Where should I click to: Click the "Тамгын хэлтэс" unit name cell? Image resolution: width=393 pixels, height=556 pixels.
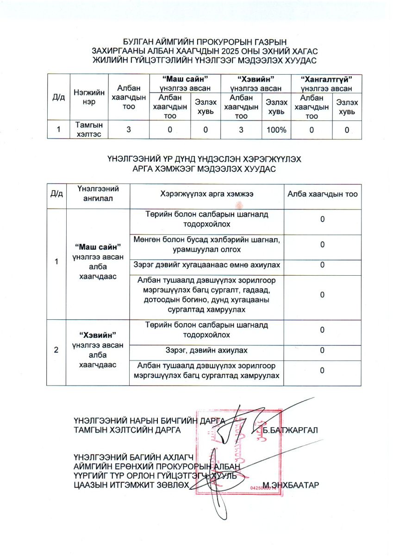click(x=89, y=129)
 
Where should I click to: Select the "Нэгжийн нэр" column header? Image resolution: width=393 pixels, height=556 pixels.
click(x=89, y=98)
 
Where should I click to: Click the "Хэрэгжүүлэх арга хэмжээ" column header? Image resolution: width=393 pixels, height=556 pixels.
click(x=206, y=194)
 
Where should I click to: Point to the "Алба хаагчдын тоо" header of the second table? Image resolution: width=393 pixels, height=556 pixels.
click(x=322, y=194)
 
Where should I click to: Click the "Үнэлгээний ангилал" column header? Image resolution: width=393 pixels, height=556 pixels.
click(x=98, y=193)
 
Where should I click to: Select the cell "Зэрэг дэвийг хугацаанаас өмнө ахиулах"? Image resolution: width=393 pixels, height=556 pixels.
click(x=206, y=265)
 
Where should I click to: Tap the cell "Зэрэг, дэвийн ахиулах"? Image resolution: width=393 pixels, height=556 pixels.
click(x=206, y=350)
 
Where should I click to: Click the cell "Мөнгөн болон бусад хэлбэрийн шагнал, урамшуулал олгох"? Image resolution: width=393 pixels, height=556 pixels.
click(x=206, y=246)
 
